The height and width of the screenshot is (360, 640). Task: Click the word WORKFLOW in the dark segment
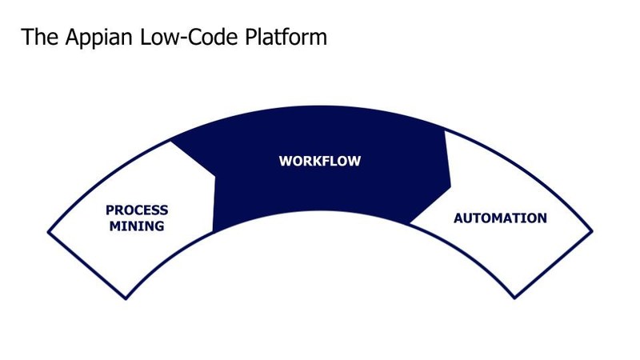320,161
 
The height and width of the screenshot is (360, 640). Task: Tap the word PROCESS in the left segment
137,210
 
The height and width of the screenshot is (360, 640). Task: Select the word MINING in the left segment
137,226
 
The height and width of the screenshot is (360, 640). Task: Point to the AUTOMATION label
500,218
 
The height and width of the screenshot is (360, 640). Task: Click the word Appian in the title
90,37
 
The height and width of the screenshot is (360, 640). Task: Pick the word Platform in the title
288,37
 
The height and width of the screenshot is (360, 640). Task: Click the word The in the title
36,37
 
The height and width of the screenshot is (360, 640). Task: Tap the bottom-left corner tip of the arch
126,299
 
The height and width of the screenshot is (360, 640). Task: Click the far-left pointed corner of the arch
48,231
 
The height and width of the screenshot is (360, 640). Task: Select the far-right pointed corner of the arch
593,231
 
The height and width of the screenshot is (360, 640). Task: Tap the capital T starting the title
27,37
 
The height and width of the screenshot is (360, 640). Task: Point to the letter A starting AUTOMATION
458,218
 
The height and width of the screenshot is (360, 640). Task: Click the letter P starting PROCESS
110,210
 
